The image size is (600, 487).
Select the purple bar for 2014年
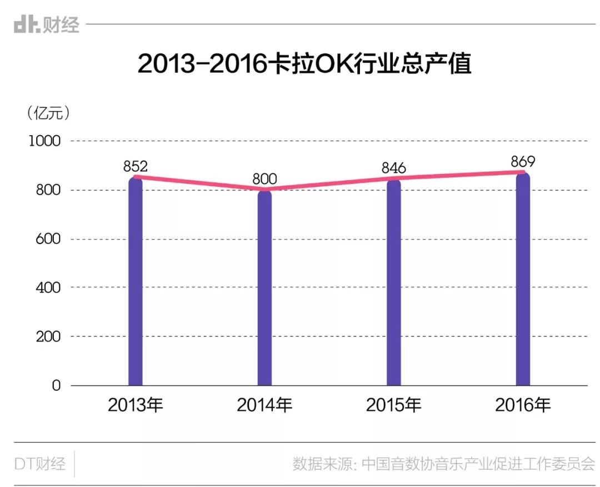[x=264, y=289]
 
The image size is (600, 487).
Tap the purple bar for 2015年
[x=393, y=284]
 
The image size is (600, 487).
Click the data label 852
[x=135, y=166]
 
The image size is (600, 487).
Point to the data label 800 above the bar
[x=264, y=179]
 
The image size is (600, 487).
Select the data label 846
[x=393, y=168]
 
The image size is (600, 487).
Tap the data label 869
[x=522, y=162]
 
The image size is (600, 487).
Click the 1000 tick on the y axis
[x=44, y=141]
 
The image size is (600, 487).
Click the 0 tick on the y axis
[x=56, y=385]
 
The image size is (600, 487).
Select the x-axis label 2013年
[x=136, y=405]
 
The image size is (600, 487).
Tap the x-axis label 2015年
[x=393, y=405]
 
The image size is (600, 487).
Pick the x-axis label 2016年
[x=522, y=405]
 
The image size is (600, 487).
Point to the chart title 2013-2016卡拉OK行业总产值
[x=304, y=64]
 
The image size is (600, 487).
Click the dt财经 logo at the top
[x=47, y=24]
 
